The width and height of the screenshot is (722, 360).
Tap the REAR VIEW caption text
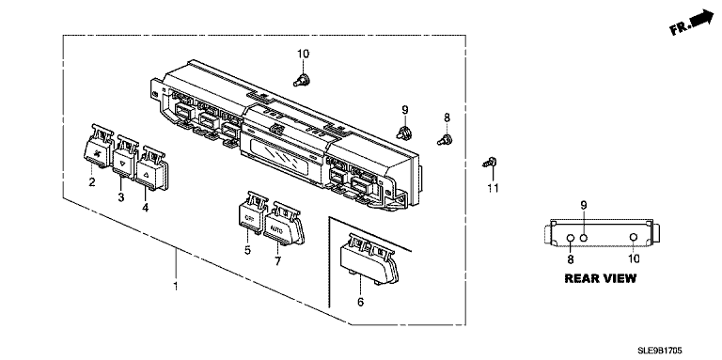(x=601, y=278)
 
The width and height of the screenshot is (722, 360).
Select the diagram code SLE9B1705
(x=659, y=352)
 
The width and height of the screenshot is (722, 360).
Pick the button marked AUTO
(x=283, y=224)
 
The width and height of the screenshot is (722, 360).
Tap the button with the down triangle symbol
(x=125, y=155)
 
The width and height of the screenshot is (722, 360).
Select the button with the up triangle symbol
(x=151, y=168)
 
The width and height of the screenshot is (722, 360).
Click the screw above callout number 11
(x=490, y=162)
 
